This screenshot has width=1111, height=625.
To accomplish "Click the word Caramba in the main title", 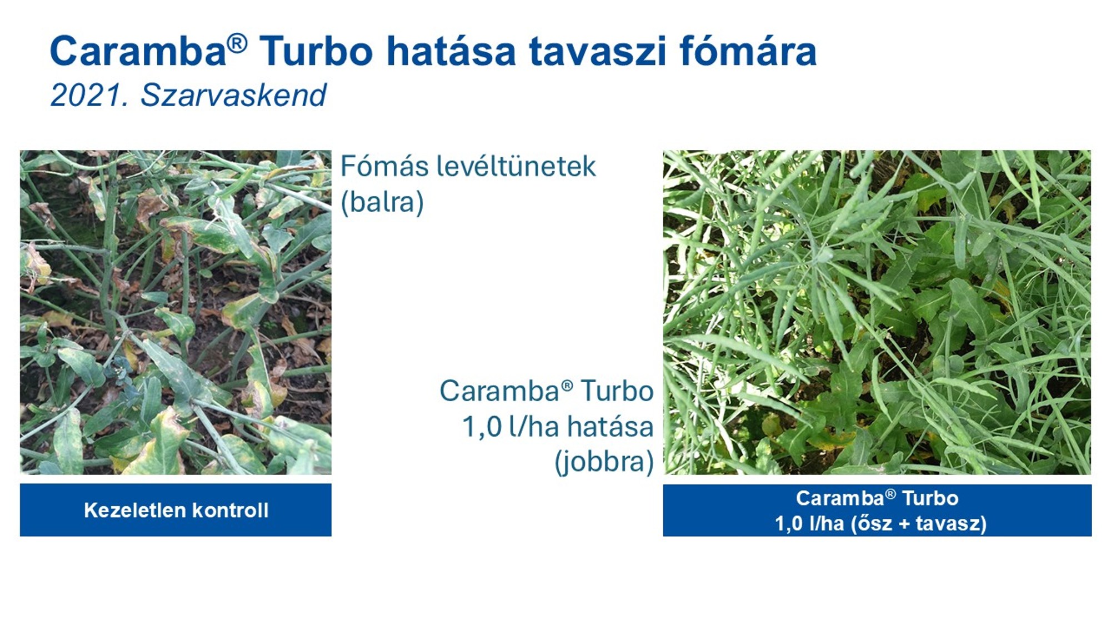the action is click(138, 51).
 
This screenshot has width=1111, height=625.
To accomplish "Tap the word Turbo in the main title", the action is click(316, 51).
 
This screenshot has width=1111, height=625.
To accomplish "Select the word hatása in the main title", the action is click(451, 51).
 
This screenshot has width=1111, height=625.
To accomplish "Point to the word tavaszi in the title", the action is click(597, 51).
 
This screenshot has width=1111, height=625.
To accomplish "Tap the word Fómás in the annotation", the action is click(383, 166).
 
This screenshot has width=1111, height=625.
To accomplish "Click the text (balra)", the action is click(382, 202).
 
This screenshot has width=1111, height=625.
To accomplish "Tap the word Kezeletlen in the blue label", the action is click(134, 510).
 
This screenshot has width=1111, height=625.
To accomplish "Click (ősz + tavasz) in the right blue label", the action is click(919, 523).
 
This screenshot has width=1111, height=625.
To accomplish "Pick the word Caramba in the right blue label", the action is click(840, 498).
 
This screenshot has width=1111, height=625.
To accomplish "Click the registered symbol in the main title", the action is click(237, 43).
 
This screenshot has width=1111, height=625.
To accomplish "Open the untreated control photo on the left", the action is click(176, 312).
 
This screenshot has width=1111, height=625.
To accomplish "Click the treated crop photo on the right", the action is click(877, 312).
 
